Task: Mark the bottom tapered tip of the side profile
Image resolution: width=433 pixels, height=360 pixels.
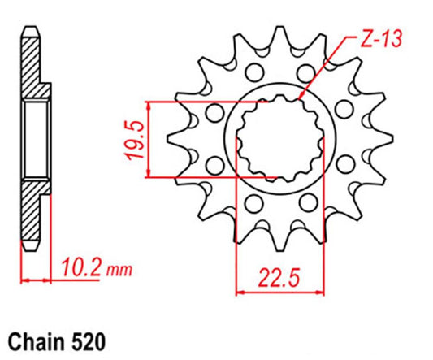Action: pos(28,248)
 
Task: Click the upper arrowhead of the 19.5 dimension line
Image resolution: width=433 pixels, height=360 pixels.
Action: pos(149,106)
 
